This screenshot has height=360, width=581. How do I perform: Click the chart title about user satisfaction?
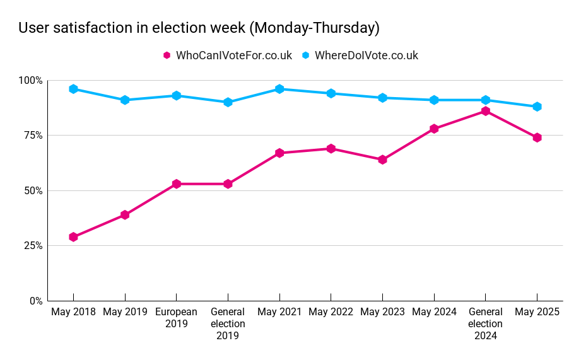[x=199, y=28]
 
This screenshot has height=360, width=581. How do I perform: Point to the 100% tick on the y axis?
[x=30, y=81]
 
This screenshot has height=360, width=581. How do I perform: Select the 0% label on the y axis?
[x=35, y=301]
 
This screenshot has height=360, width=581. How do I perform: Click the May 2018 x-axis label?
[x=73, y=312]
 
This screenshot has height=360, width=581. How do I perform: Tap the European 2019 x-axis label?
[x=176, y=318]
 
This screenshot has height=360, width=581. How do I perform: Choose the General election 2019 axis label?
[x=228, y=323]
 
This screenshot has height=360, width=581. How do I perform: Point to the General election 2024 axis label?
[x=486, y=323]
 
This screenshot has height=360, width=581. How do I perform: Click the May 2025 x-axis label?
[x=537, y=312]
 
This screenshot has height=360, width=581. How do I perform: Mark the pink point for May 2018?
[x=73, y=237]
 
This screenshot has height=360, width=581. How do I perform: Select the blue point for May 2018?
[x=73, y=89]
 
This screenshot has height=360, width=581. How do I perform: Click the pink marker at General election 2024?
[x=486, y=111]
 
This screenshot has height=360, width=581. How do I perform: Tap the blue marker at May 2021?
[x=279, y=89]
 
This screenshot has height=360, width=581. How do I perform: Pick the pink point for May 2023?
[x=382, y=160]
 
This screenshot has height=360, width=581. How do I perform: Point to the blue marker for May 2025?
[x=537, y=107]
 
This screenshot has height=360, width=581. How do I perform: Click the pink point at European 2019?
[x=177, y=184]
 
